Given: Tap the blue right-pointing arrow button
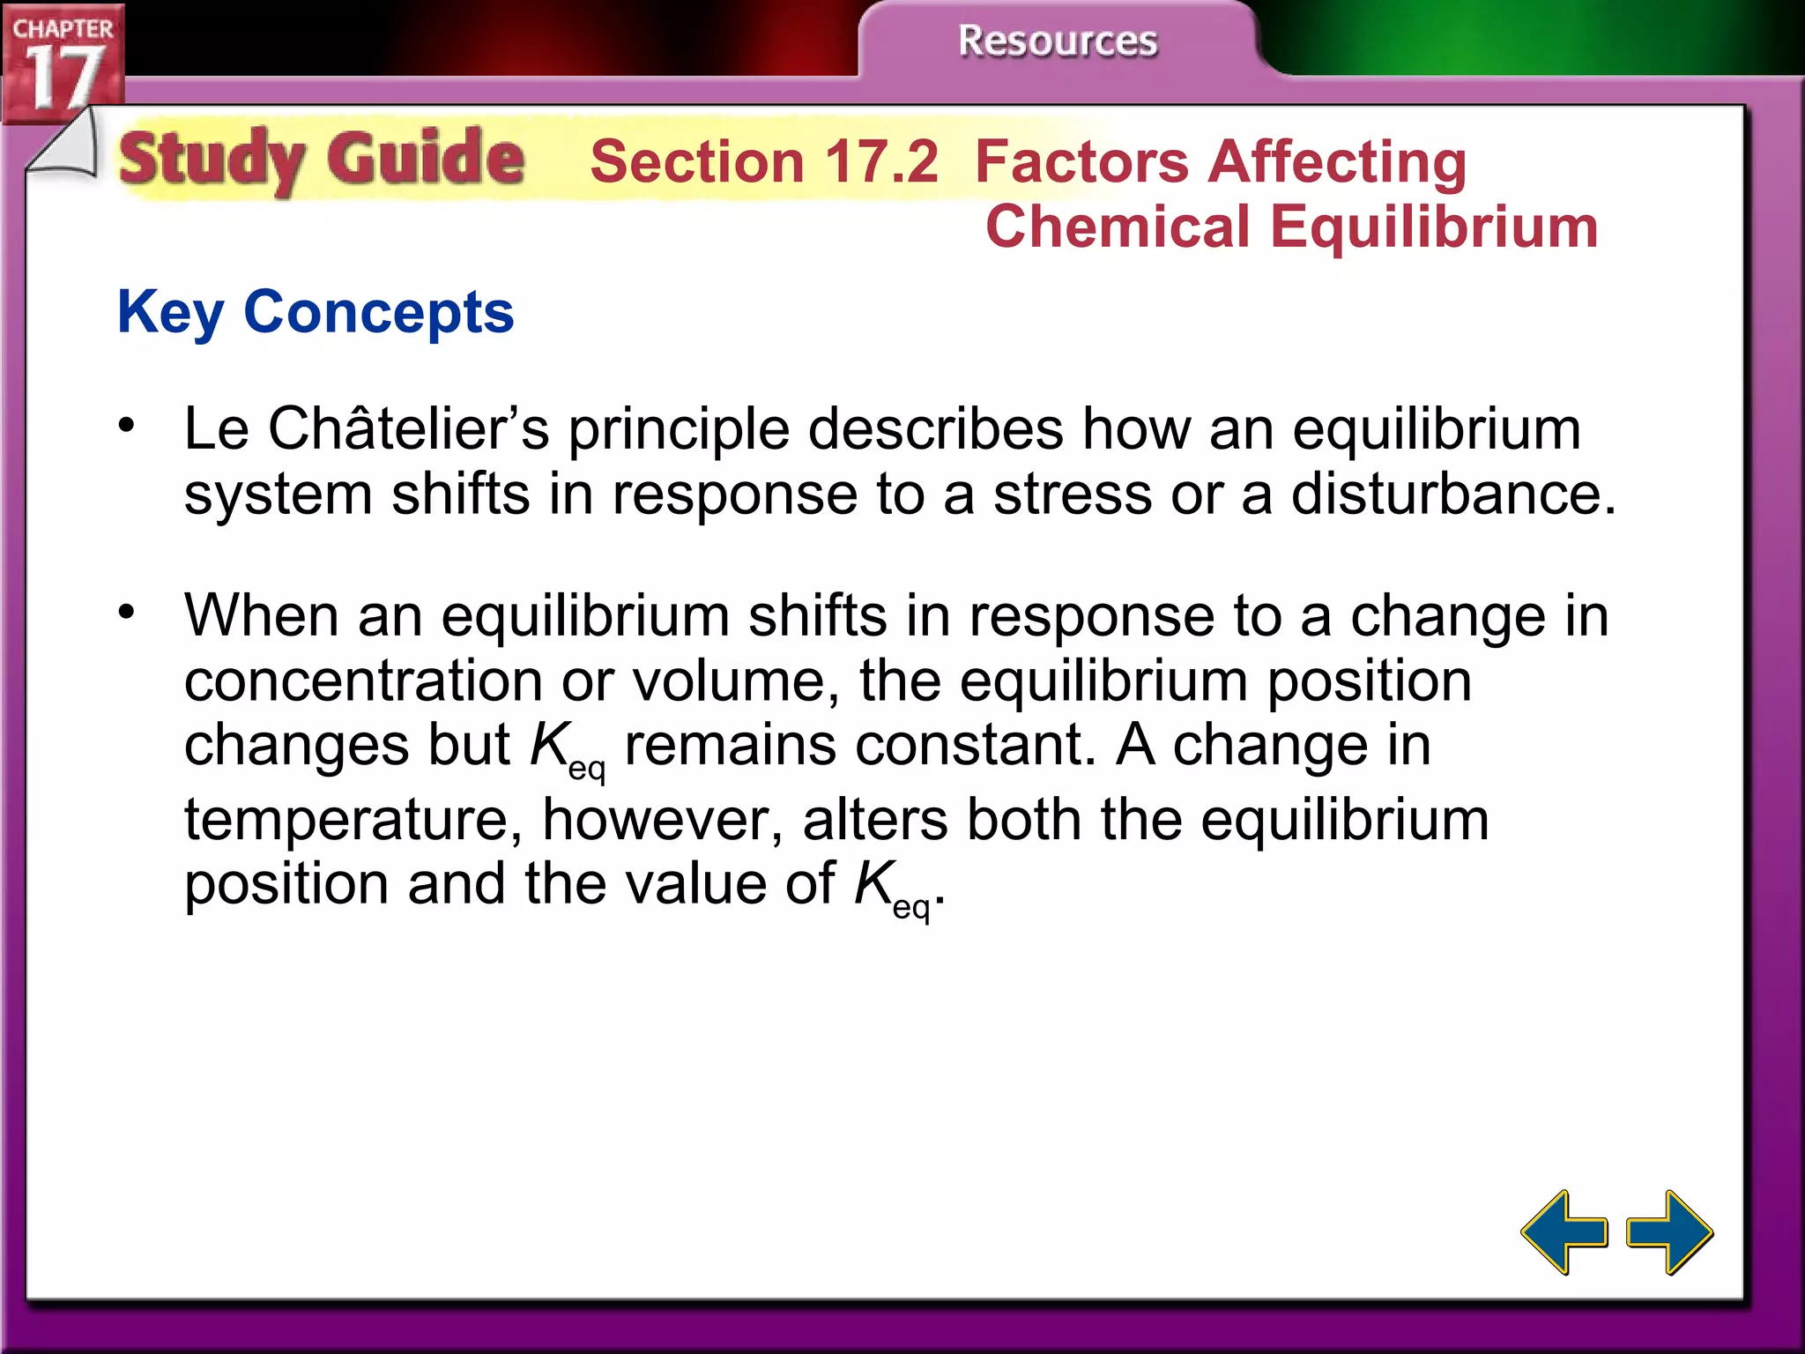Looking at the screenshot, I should [1669, 1231].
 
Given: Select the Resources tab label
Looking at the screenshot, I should [1057, 41].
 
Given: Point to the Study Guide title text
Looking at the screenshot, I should [322, 160].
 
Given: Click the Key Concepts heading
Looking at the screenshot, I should [316, 312].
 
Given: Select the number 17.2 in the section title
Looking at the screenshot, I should [881, 162].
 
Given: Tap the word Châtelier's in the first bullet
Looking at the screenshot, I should [409, 430].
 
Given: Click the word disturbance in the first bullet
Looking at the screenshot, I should [1453, 495].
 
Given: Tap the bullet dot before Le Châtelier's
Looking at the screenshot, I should [128, 426].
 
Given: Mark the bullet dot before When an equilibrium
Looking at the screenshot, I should [128, 611].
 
